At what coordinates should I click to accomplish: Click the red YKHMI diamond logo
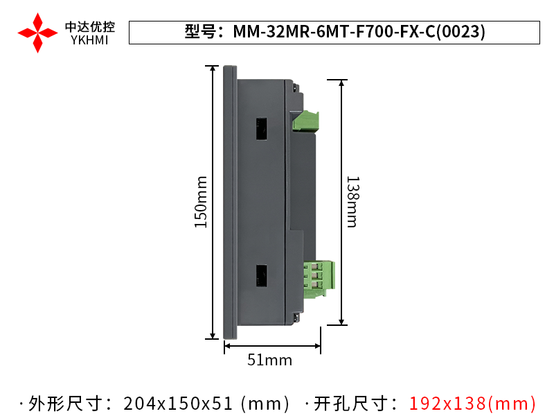(x=37, y=32)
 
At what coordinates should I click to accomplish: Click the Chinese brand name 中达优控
(x=90, y=26)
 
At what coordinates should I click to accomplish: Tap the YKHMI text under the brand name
(x=90, y=40)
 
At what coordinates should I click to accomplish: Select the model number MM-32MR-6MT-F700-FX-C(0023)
(x=359, y=32)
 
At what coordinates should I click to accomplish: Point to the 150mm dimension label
(x=201, y=202)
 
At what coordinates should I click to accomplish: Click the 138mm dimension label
(x=352, y=202)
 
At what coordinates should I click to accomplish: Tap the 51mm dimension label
(x=270, y=360)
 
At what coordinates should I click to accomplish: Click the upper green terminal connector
(x=306, y=121)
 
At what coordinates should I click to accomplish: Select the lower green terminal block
(x=319, y=278)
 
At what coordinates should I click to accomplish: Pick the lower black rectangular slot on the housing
(x=262, y=276)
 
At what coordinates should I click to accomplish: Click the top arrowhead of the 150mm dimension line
(x=212, y=69)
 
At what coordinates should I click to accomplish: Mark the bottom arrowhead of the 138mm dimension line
(x=341, y=320)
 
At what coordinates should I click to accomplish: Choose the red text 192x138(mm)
(x=472, y=403)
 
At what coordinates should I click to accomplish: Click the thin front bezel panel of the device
(x=230, y=202)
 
